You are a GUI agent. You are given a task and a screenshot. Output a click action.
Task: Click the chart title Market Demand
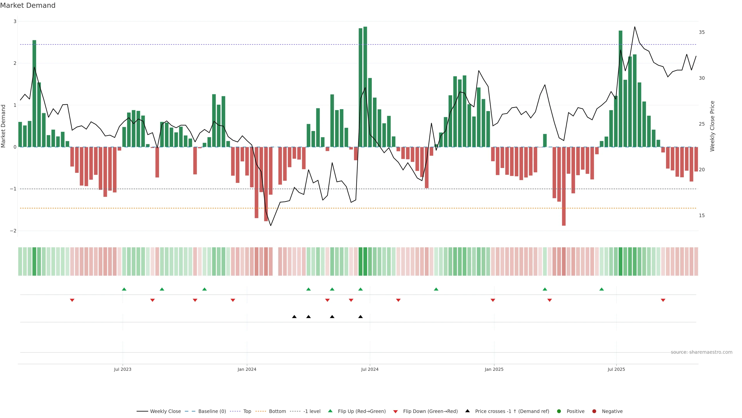click(x=28, y=5)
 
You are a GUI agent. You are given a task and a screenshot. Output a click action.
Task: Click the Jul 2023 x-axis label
click(x=123, y=369)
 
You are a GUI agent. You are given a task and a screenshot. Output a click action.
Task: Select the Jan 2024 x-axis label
click(x=247, y=369)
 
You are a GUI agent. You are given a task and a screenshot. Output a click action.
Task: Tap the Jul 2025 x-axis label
click(x=616, y=369)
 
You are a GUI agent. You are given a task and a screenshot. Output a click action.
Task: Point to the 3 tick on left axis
click(x=15, y=21)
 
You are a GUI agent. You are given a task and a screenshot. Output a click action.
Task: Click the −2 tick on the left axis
click(x=13, y=231)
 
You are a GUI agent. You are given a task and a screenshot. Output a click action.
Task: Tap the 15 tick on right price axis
click(x=702, y=216)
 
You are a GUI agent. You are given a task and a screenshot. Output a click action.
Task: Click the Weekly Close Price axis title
click(x=712, y=126)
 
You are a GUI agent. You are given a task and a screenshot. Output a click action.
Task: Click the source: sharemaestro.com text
click(x=701, y=352)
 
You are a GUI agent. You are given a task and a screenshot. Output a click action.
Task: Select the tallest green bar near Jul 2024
click(x=365, y=87)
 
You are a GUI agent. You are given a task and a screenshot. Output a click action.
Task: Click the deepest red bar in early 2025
click(x=564, y=186)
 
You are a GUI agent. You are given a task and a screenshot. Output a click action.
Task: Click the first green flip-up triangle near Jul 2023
click(x=124, y=289)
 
